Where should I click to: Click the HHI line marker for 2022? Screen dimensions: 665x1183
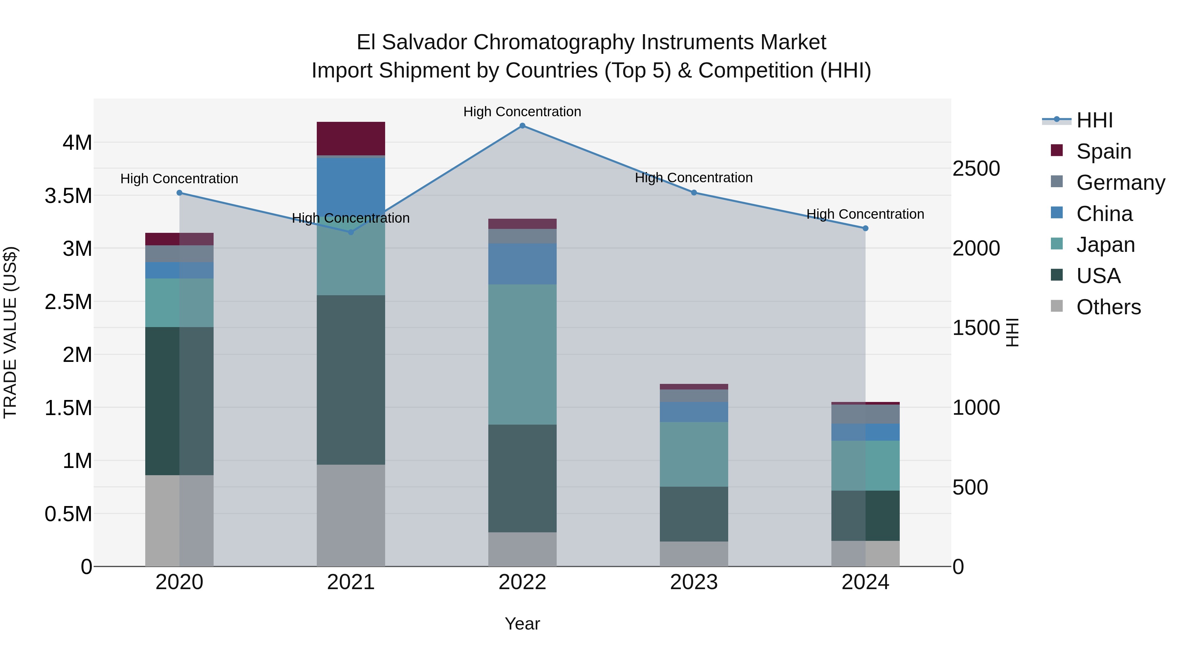click(522, 126)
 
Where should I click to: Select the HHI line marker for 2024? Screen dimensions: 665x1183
click(865, 228)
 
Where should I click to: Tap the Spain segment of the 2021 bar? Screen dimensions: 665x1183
click(351, 139)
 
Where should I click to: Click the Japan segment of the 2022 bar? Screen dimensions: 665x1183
click(522, 354)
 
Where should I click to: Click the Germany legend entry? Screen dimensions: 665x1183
click(1121, 183)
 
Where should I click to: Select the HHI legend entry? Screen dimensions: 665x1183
click(1094, 120)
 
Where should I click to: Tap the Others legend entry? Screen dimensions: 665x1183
click(1108, 307)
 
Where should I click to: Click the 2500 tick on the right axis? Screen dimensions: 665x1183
click(976, 168)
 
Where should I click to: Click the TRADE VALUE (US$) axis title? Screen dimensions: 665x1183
click(11, 332)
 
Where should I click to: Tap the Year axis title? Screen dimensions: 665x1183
click(522, 624)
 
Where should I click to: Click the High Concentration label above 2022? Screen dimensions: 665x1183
click(522, 112)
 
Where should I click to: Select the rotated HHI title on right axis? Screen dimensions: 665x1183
click(1012, 332)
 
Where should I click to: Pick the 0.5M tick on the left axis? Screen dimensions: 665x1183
click(68, 514)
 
